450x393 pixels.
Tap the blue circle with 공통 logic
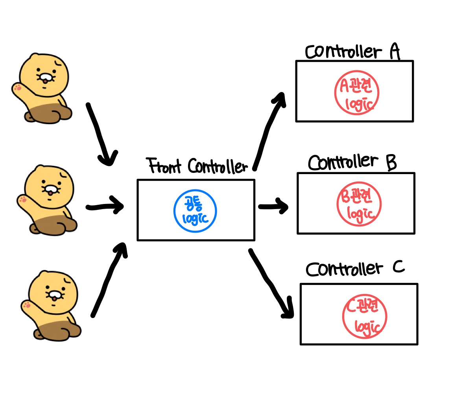195,211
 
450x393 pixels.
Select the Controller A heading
352,52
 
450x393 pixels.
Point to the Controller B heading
352,162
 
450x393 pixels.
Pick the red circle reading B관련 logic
359,204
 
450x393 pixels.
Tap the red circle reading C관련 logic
364,316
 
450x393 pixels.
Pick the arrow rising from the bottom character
108,279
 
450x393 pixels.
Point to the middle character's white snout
50,190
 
